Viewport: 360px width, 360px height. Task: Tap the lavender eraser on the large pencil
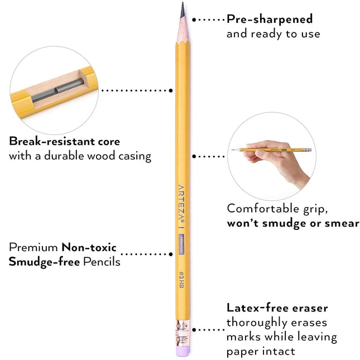(183, 351)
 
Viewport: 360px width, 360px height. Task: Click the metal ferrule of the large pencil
(183, 333)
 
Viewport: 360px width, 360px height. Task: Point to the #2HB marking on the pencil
(181, 280)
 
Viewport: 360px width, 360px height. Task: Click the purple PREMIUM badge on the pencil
(181, 244)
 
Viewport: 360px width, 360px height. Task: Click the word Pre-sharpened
(270, 20)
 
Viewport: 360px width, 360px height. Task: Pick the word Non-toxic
(89, 247)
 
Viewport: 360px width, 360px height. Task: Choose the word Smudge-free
(44, 262)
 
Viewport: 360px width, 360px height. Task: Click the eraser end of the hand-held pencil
(310, 150)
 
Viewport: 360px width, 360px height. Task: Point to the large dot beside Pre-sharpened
(194, 20)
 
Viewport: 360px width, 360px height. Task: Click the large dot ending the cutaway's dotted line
(171, 90)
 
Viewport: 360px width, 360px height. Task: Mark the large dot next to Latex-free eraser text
(194, 330)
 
